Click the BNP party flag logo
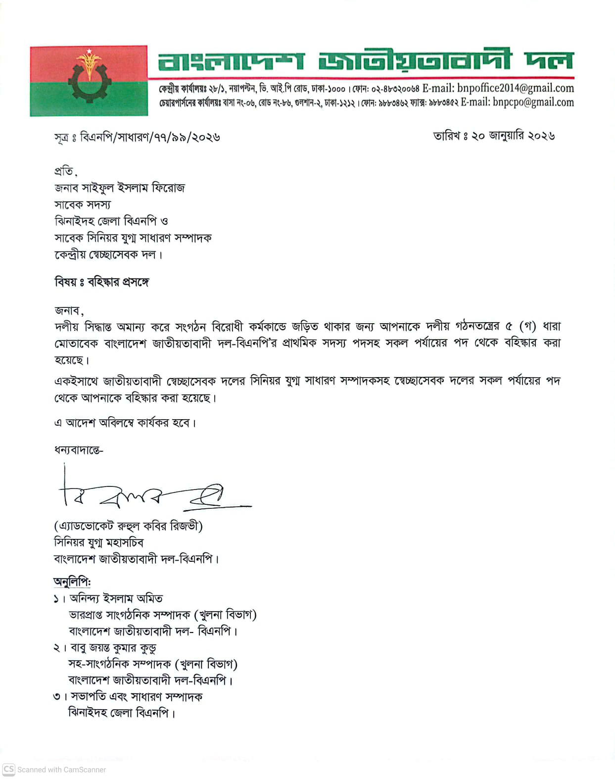pos(89,81)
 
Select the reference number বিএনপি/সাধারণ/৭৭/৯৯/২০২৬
pos(149,137)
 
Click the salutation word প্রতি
pos(64,171)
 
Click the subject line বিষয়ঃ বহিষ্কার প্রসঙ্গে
pos(102,282)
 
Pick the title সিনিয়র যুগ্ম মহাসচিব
pos(98,542)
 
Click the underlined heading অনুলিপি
pos(72,582)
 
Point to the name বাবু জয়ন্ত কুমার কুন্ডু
pos(113,648)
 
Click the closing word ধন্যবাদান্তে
pos(78,450)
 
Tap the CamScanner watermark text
pos(61,770)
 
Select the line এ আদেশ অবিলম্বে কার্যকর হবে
pos(125,423)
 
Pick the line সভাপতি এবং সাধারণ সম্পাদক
pos(136,697)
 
